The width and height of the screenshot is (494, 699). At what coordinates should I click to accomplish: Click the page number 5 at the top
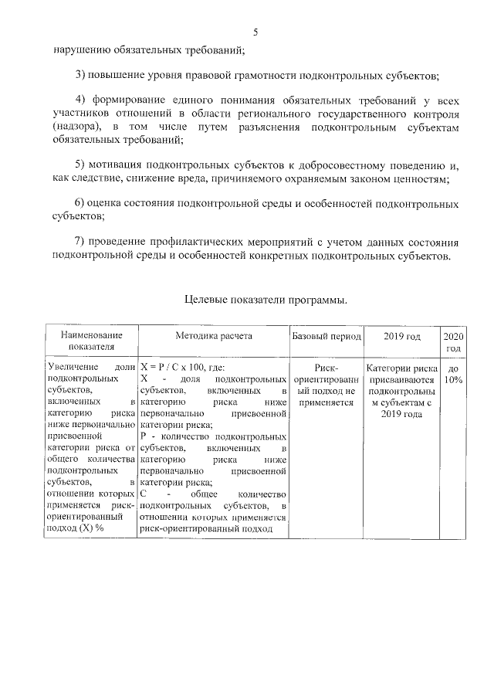[255, 32]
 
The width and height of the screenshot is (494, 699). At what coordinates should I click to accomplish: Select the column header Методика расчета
[213, 336]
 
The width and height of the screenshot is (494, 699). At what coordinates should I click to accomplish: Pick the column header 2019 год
[401, 336]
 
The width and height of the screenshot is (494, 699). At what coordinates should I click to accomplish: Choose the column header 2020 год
[453, 342]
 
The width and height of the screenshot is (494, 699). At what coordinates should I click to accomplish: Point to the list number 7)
[80, 241]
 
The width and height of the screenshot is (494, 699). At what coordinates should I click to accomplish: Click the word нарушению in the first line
[81, 50]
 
